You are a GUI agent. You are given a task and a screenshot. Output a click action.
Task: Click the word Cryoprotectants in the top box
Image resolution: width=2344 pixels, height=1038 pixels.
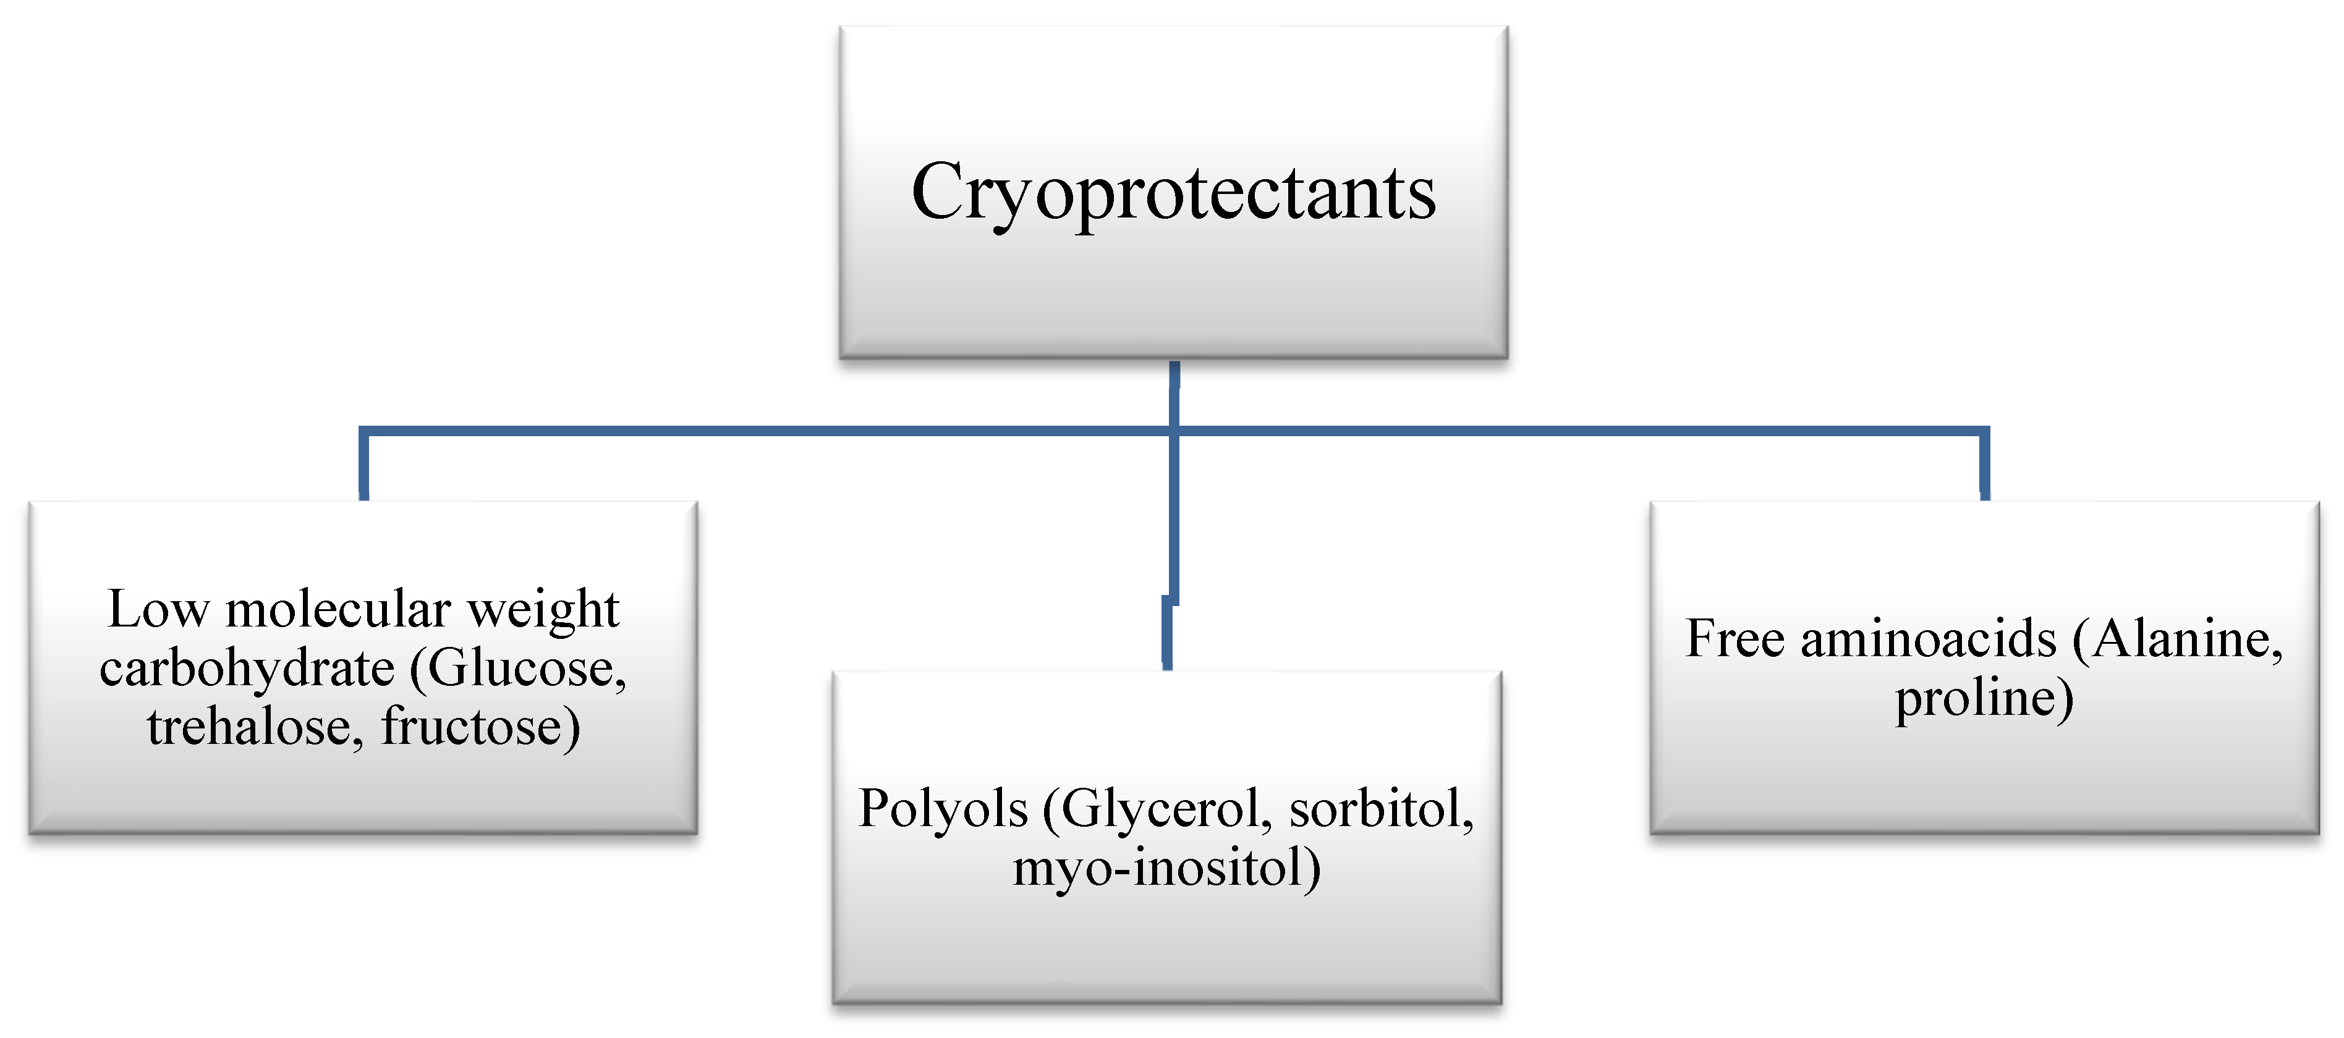(1173, 193)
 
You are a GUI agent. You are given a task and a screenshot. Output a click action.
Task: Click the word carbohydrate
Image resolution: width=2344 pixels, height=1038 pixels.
(247, 669)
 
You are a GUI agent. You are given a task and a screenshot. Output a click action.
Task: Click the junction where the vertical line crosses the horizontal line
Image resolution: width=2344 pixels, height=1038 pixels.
(1174, 430)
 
